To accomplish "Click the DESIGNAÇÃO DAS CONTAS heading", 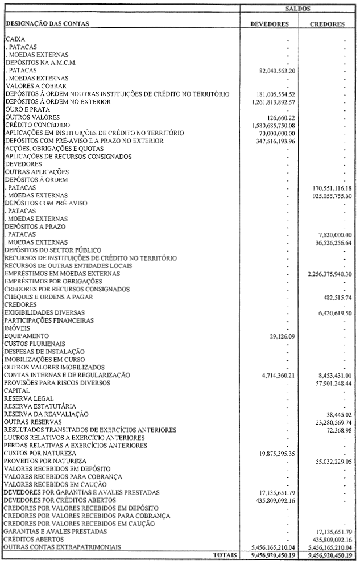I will click(x=48, y=24).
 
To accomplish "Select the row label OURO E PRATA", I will click(x=28, y=109).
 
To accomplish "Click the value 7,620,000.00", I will click(x=333, y=234).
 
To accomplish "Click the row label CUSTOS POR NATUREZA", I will click(x=40, y=453).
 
